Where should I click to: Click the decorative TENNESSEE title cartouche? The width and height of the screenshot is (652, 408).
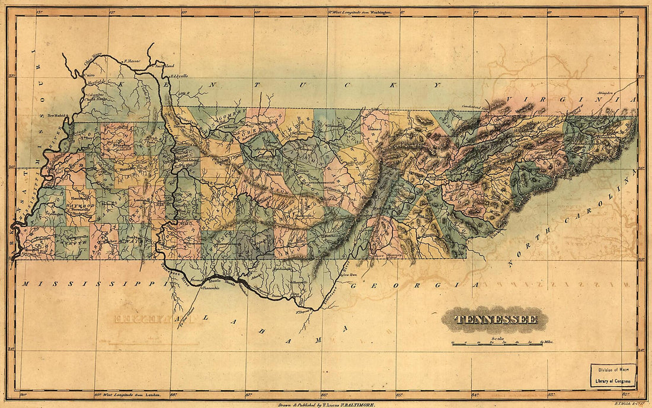496,319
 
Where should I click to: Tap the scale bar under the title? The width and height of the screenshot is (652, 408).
497,343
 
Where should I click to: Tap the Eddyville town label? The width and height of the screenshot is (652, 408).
178,76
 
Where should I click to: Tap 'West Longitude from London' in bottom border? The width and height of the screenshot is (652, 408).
124,394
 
